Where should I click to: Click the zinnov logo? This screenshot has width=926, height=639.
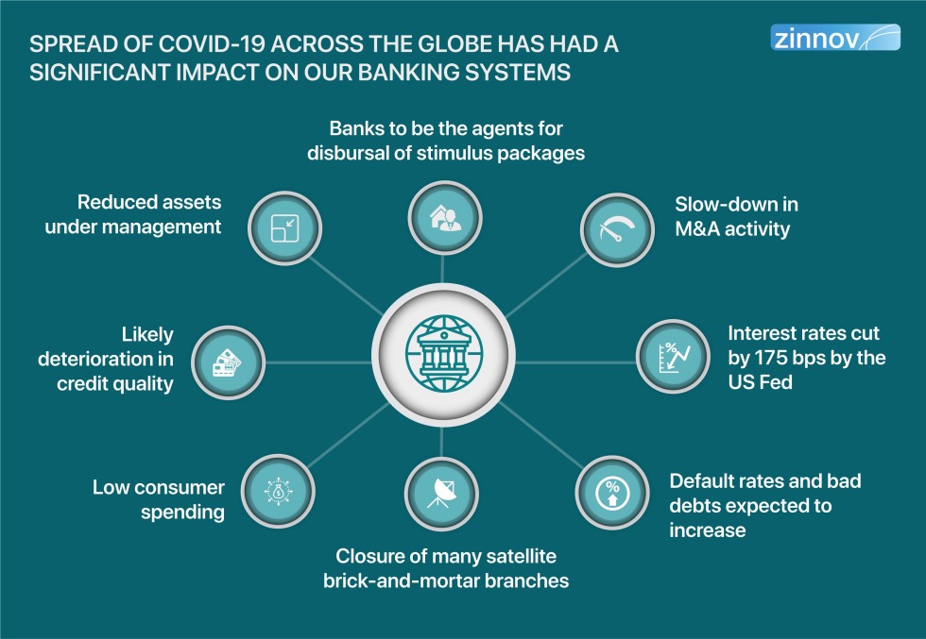click(x=835, y=37)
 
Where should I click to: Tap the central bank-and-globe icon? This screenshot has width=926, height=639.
click(x=443, y=354)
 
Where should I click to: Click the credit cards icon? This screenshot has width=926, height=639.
click(x=228, y=362)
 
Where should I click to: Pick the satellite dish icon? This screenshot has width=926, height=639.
click(x=441, y=494)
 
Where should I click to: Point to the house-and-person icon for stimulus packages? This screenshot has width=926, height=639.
click(x=445, y=218)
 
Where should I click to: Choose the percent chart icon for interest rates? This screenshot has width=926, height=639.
click(x=673, y=357)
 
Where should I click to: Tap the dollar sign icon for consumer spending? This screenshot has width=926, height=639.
click(x=278, y=491)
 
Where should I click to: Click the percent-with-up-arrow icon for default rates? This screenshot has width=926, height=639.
click(x=612, y=493)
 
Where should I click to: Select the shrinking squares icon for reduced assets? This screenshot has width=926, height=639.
click(x=284, y=227)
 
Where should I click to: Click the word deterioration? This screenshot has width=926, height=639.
click(x=96, y=359)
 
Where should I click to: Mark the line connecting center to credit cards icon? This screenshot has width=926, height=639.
click(x=318, y=362)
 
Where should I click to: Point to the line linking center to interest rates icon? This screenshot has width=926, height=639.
click(x=575, y=362)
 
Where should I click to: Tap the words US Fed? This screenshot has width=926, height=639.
click(x=760, y=382)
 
